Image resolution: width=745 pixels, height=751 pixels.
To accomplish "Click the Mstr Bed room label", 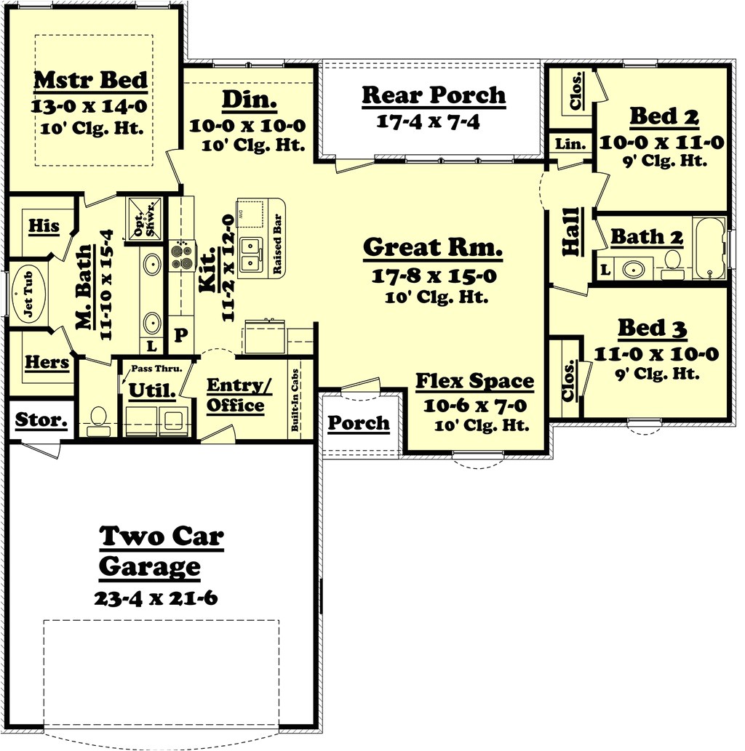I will click(90, 80).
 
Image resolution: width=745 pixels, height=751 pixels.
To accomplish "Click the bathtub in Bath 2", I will click(709, 247).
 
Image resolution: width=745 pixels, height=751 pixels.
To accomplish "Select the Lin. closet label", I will click(570, 145).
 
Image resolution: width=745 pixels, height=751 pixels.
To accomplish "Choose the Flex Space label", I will click(474, 381).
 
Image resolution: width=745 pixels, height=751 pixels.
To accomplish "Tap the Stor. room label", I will click(41, 419).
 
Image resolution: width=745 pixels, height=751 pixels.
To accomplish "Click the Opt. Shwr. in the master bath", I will click(138, 218).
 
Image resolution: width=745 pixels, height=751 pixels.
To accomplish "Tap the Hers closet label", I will click(47, 361).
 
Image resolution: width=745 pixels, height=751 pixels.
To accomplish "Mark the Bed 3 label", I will click(652, 328).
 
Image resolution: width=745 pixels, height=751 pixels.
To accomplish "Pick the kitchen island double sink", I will click(251, 254).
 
